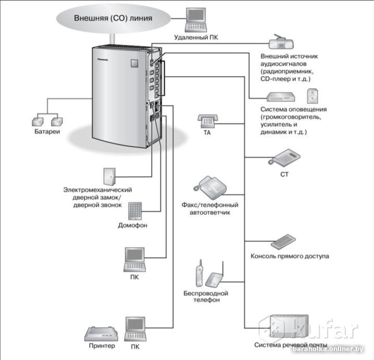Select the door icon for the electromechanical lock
click(109, 176)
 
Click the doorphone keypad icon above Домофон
click(135, 210)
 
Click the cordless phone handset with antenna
click(199, 272)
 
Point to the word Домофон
click(133, 226)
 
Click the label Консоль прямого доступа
click(290, 256)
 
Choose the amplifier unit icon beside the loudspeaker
click(282, 96)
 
